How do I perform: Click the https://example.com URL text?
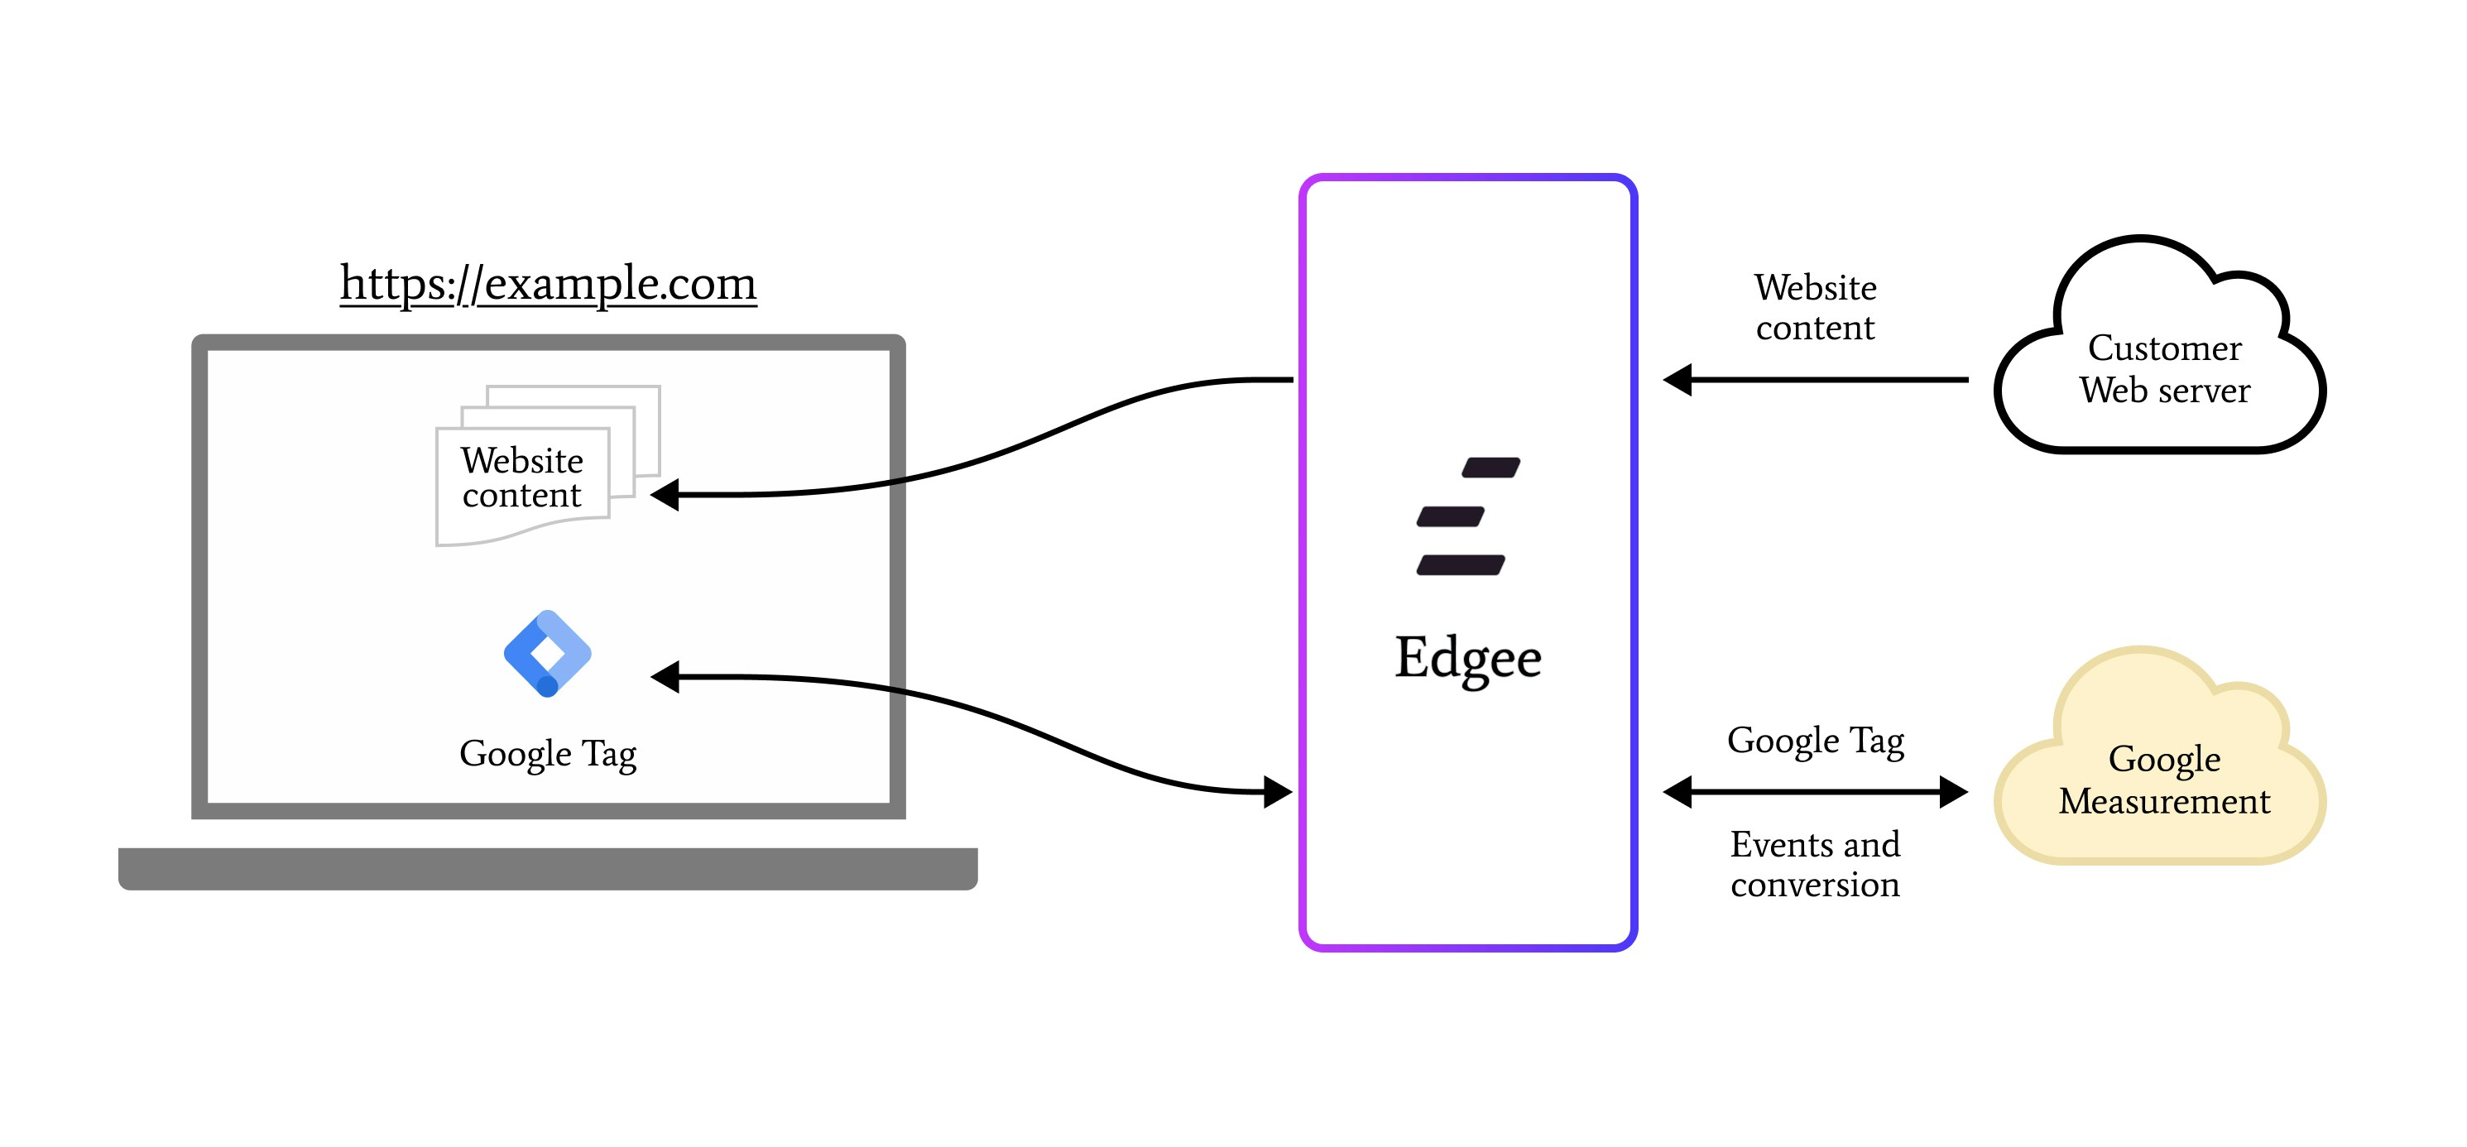(548, 283)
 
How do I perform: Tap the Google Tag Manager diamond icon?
(547, 653)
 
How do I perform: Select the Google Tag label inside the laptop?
(547, 755)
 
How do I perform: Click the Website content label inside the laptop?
(522, 478)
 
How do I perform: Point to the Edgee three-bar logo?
(1466, 516)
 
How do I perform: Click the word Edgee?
(1467, 658)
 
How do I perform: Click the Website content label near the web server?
(1815, 307)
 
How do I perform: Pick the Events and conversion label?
(1815, 865)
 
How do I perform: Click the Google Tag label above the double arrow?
(1815, 741)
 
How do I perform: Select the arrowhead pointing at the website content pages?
(666, 495)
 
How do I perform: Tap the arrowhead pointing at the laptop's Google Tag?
(666, 677)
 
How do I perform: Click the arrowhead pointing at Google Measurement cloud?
(1951, 792)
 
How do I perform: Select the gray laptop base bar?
(548, 868)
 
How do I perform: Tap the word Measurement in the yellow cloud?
(2163, 801)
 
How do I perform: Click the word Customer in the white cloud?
(2164, 348)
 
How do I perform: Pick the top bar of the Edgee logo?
(1491, 468)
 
